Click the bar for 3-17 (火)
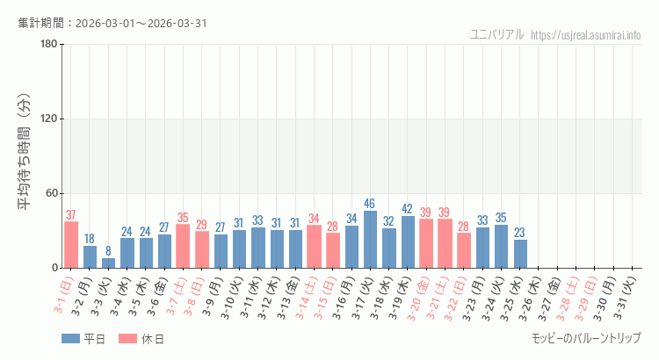coord(370,240)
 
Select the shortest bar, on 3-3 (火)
coord(108,263)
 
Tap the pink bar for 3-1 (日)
coord(71,245)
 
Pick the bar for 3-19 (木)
coord(408,241)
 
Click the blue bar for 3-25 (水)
coord(520,254)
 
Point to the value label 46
coord(370,204)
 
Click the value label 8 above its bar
coord(108,251)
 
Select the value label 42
coord(408,209)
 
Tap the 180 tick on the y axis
coord(48,45)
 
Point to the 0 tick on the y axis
coord(54,268)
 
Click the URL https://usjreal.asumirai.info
coord(586,35)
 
